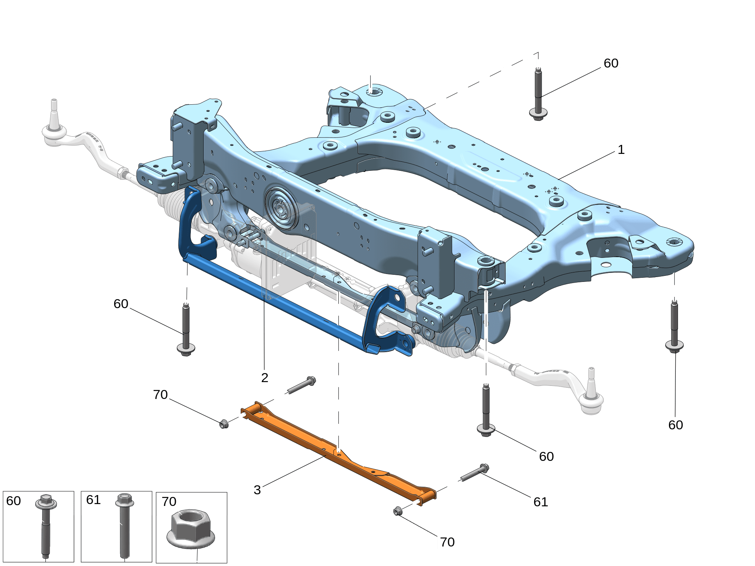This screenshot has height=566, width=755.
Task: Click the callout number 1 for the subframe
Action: coord(621,150)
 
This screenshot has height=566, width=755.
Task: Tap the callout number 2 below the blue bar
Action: coord(265,378)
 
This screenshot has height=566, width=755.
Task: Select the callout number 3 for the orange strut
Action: coord(257,490)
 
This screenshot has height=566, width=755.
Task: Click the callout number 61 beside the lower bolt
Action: coord(541,502)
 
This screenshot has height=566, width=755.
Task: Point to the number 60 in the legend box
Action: coord(14,501)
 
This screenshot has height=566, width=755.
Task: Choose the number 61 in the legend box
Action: coord(94,500)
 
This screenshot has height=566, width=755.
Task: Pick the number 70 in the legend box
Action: coord(169,501)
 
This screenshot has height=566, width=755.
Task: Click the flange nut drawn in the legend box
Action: coord(191,528)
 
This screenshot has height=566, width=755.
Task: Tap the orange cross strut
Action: coord(338,453)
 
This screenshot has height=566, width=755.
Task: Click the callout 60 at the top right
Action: coord(611,63)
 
